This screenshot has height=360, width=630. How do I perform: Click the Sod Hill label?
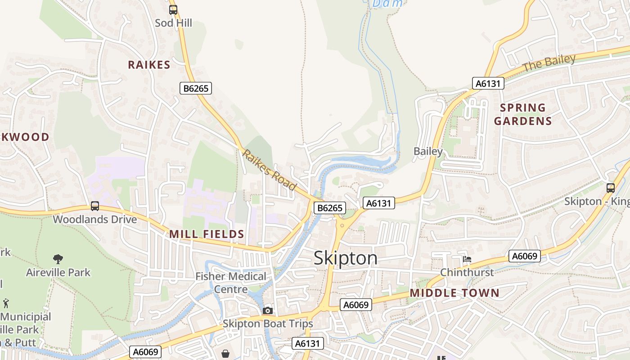click(173, 22)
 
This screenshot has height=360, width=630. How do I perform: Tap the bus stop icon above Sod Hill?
click(173, 9)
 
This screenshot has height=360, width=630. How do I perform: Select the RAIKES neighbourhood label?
click(149, 65)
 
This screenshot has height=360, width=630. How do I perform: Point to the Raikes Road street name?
click(269, 170)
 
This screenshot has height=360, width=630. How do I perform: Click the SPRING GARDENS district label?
click(522, 114)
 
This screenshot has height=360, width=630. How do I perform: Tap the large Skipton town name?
click(345, 258)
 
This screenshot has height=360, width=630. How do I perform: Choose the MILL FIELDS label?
click(207, 234)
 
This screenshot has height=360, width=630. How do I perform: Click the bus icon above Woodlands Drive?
click(95, 206)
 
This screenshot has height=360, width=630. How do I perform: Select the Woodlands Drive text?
click(94, 220)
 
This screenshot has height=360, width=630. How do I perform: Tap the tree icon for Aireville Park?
click(58, 259)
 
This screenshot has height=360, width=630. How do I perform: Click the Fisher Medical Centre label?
click(231, 283)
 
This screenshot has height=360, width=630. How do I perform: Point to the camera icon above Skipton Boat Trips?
click(268, 310)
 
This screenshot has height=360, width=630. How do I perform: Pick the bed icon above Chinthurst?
click(467, 259)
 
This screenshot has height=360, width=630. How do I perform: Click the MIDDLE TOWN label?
click(454, 293)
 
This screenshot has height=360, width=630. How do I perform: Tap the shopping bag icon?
click(225, 354)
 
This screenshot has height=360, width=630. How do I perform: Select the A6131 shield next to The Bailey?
click(488, 83)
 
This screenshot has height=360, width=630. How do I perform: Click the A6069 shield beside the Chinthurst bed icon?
click(525, 256)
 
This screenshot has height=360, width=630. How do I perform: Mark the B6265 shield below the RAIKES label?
click(196, 88)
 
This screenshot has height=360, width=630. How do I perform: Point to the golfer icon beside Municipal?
click(6, 303)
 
